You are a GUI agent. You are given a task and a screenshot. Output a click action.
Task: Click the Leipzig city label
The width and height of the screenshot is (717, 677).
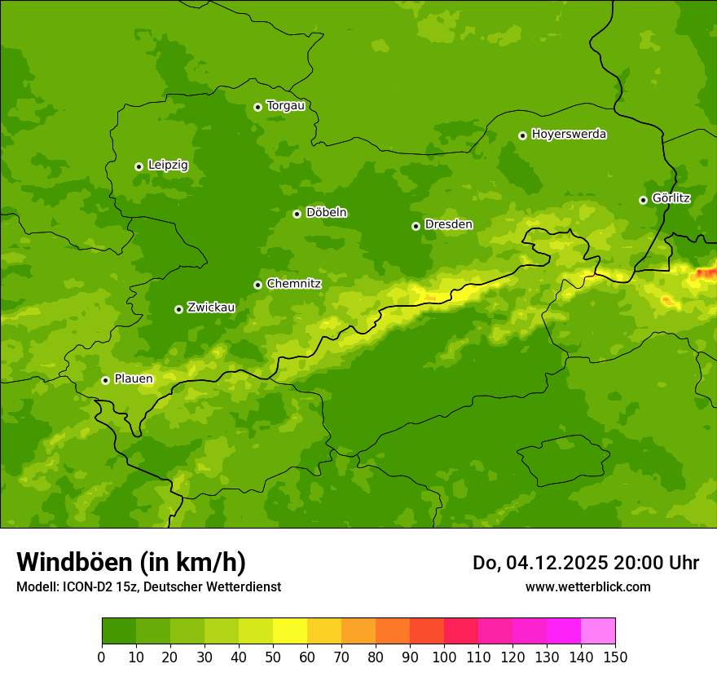[168, 166]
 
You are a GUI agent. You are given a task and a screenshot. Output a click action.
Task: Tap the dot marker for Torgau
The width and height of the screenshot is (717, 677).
[257, 107]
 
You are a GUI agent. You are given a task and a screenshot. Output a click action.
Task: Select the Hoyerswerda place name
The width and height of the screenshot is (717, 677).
[569, 135]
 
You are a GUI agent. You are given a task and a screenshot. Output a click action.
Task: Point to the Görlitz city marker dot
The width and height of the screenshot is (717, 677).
[643, 200]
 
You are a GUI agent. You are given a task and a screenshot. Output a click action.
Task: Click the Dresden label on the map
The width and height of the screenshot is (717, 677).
[448, 225]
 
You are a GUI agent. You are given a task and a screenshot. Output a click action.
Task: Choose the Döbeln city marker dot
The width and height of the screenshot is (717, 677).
[297, 214]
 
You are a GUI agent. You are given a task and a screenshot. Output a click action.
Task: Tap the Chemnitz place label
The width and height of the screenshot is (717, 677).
[293, 284]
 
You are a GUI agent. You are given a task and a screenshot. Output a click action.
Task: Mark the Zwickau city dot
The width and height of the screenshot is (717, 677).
[178, 309]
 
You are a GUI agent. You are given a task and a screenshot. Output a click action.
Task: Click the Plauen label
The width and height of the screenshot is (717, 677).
[134, 379]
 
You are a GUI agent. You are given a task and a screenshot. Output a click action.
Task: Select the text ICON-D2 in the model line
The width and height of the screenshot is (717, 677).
[90, 587]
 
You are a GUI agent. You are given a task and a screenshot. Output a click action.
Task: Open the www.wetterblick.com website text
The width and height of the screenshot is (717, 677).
[587, 587]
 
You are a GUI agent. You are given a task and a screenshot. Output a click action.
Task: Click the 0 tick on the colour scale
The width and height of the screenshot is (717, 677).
[102, 657]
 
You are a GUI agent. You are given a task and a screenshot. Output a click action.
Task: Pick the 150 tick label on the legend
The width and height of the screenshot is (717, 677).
[615, 657]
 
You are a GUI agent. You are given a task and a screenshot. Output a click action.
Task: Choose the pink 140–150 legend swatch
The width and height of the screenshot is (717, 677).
[598, 631]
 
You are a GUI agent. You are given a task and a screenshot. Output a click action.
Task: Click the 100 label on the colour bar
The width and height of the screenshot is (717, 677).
[444, 657]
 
